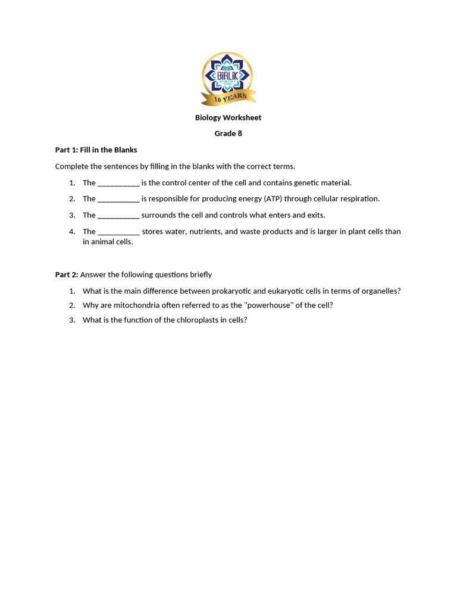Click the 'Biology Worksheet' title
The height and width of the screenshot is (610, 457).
[x=228, y=117]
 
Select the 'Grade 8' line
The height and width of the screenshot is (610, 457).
[x=228, y=133]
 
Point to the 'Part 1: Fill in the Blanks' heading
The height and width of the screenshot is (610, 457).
[x=96, y=150]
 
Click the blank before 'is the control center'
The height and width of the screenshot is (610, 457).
[x=118, y=183]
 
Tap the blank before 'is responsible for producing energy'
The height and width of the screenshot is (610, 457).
[x=118, y=199]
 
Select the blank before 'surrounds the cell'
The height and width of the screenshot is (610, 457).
[x=118, y=215]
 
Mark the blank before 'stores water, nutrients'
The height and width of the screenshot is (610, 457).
[x=118, y=232]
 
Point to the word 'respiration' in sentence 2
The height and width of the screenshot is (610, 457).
[x=359, y=199]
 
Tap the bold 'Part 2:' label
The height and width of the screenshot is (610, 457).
[x=67, y=275]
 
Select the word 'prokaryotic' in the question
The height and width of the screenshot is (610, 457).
[x=231, y=291]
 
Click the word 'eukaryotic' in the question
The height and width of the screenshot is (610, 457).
[x=286, y=291]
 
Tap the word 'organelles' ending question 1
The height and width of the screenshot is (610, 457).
[x=381, y=291]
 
